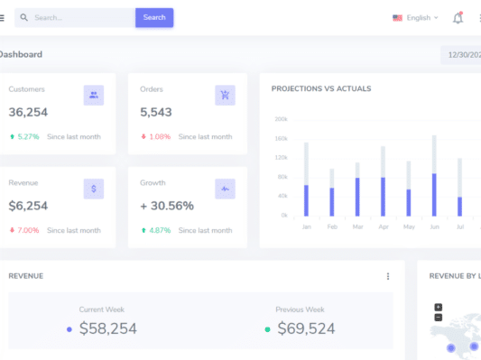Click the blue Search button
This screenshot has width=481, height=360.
click(154, 17)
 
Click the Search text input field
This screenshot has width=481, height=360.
click(81, 17)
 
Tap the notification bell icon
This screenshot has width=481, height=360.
click(458, 17)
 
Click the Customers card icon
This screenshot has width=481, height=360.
click(94, 95)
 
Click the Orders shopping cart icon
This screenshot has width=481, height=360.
click(225, 95)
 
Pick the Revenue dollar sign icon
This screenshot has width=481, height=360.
click(94, 188)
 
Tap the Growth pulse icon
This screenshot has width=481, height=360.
click(225, 188)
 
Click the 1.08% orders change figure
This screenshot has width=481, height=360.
click(159, 137)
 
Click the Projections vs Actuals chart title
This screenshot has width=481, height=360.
click(321, 88)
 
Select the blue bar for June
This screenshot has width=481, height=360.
click(434, 194)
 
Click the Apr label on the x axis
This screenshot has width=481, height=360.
click(383, 226)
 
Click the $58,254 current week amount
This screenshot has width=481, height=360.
click(107, 328)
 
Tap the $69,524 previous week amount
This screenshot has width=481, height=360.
click(306, 328)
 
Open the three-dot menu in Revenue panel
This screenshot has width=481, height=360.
click(388, 276)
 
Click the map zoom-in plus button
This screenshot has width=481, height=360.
click(438, 308)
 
